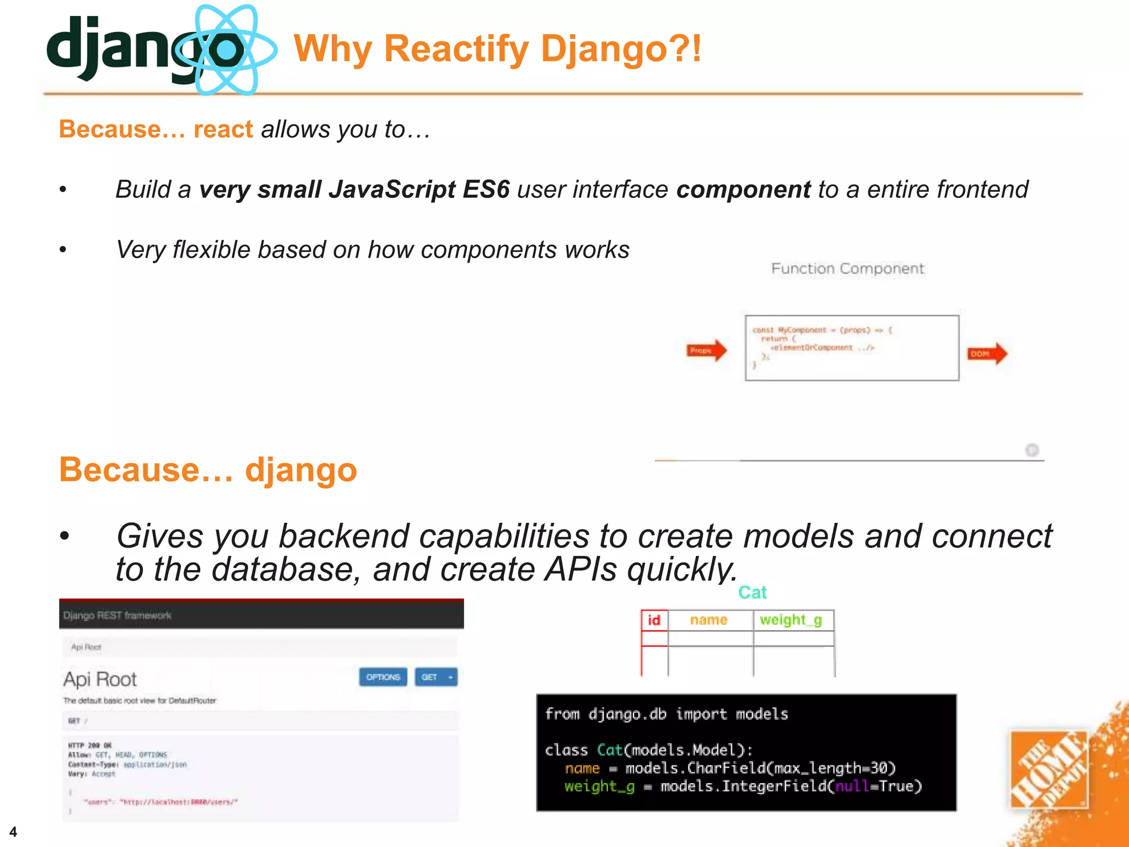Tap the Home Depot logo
[1049, 770]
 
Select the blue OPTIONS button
[383, 677]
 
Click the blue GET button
[436, 677]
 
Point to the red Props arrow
[706, 350]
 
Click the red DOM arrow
[987, 353]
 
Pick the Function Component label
[847, 269]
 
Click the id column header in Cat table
[654, 620]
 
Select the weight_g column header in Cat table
[791, 620]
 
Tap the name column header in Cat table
[708, 620]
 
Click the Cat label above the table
[752, 592]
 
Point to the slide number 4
[13, 832]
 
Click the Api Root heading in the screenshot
[100, 679]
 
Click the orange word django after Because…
[301, 470]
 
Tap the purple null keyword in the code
[851, 786]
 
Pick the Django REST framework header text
[117, 615]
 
